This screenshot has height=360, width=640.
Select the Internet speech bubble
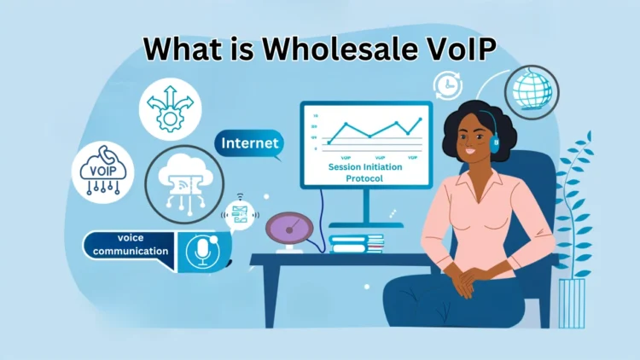[249, 144]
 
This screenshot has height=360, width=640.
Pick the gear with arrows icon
[172, 107]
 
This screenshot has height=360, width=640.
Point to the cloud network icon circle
[184, 183]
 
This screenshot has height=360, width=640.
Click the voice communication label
[131, 245]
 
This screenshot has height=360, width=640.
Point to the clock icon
[446, 85]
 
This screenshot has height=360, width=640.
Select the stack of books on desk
[357, 243]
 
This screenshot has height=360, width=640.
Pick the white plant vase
[572, 303]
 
